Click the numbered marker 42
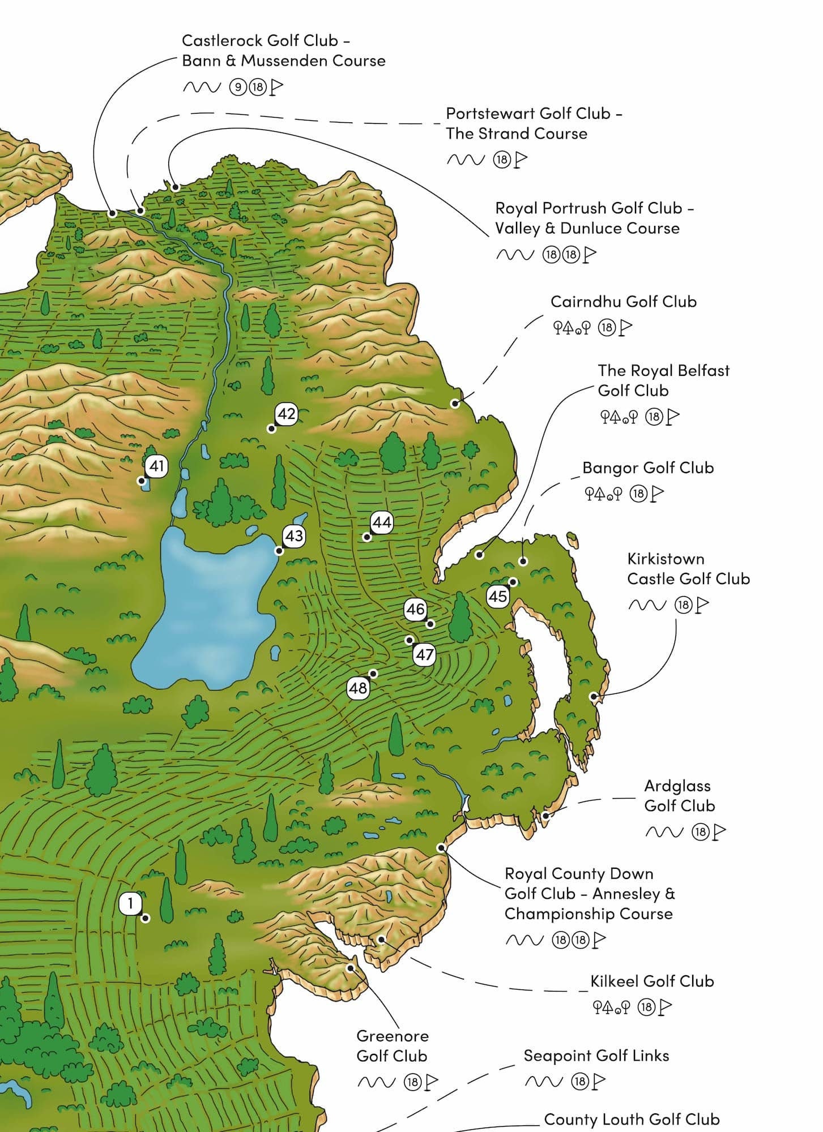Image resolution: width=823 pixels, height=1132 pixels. tap(286, 414)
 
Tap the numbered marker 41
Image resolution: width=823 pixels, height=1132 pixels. tap(156, 466)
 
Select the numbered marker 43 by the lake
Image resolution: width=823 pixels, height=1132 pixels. tap(294, 535)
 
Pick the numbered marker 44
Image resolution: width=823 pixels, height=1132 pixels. tap(382, 522)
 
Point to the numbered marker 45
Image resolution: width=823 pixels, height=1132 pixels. tap(498, 596)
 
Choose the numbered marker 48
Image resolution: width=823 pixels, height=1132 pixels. tap(358, 688)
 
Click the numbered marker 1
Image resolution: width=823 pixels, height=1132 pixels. tap(131, 903)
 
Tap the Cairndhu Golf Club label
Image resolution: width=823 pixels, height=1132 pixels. tap(623, 302)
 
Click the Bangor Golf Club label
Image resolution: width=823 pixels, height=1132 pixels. tap(648, 468)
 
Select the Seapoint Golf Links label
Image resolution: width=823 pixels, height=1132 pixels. tap(596, 1056)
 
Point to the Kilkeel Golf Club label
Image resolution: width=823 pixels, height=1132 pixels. tap(652, 981)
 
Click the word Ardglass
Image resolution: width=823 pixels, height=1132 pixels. tap(677, 786)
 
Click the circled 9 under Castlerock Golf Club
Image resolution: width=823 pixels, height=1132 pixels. tap(238, 87)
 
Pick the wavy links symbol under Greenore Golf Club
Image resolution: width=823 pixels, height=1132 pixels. tap(376, 1082)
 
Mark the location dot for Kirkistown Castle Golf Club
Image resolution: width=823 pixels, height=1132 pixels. tap(594, 697)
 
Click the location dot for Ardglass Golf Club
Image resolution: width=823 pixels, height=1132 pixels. tap(545, 816)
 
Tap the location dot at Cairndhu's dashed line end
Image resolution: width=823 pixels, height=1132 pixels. tap(454, 404)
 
